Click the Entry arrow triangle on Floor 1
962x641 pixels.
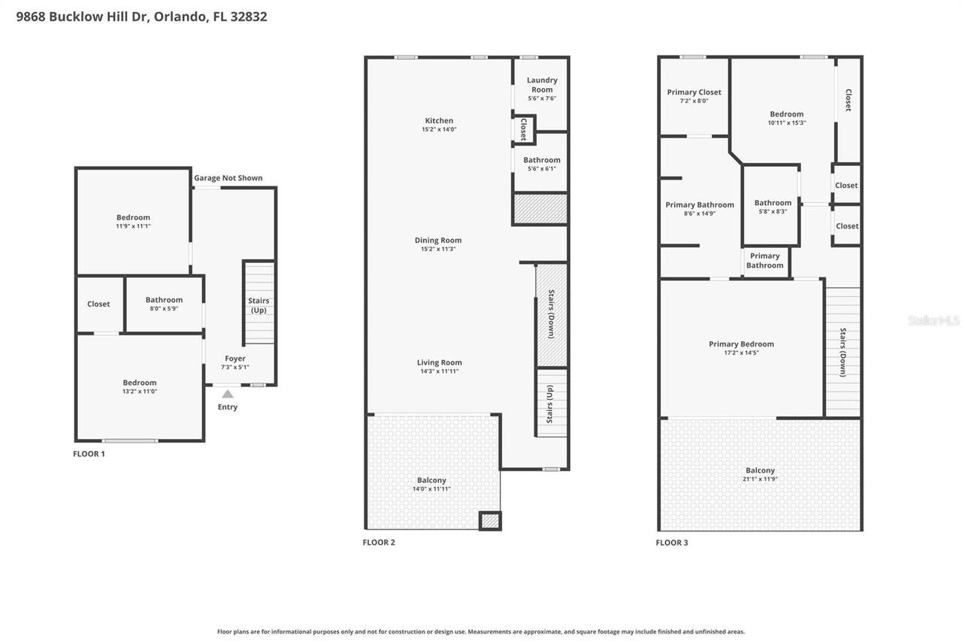pyautogui.click(x=227, y=393)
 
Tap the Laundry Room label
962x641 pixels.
pyautogui.click(x=542, y=84)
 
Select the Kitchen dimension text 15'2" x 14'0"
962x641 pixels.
pyautogui.click(x=439, y=129)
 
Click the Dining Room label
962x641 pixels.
pyautogui.click(x=438, y=240)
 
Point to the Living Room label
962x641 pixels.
pyautogui.click(x=439, y=362)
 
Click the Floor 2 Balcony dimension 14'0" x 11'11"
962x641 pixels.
pyautogui.click(x=431, y=489)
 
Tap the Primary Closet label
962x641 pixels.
pyautogui.click(x=694, y=92)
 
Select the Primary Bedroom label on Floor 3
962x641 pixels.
pyautogui.click(x=741, y=344)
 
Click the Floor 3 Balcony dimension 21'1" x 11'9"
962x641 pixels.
pyautogui.click(x=760, y=479)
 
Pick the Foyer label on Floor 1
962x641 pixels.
pyautogui.click(x=234, y=358)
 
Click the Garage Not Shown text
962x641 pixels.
pyautogui.click(x=228, y=178)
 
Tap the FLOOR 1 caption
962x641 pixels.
pyautogui.click(x=89, y=454)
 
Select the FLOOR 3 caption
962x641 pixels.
pyautogui.click(x=671, y=543)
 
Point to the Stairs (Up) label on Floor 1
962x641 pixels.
pyautogui.click(x=259, y=305)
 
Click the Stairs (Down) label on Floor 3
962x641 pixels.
pyautogui.click(x=843, y=352)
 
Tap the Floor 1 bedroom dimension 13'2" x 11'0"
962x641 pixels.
pyautogui.click(x=140, y=392)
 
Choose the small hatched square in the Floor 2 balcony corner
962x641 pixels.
pyautogui.click(x=490, y=520)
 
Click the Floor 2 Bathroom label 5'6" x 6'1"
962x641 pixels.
pyautogui.click(x=542, y=160)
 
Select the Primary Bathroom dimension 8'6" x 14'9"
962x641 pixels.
pyautogui.click(x=699, y=213)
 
